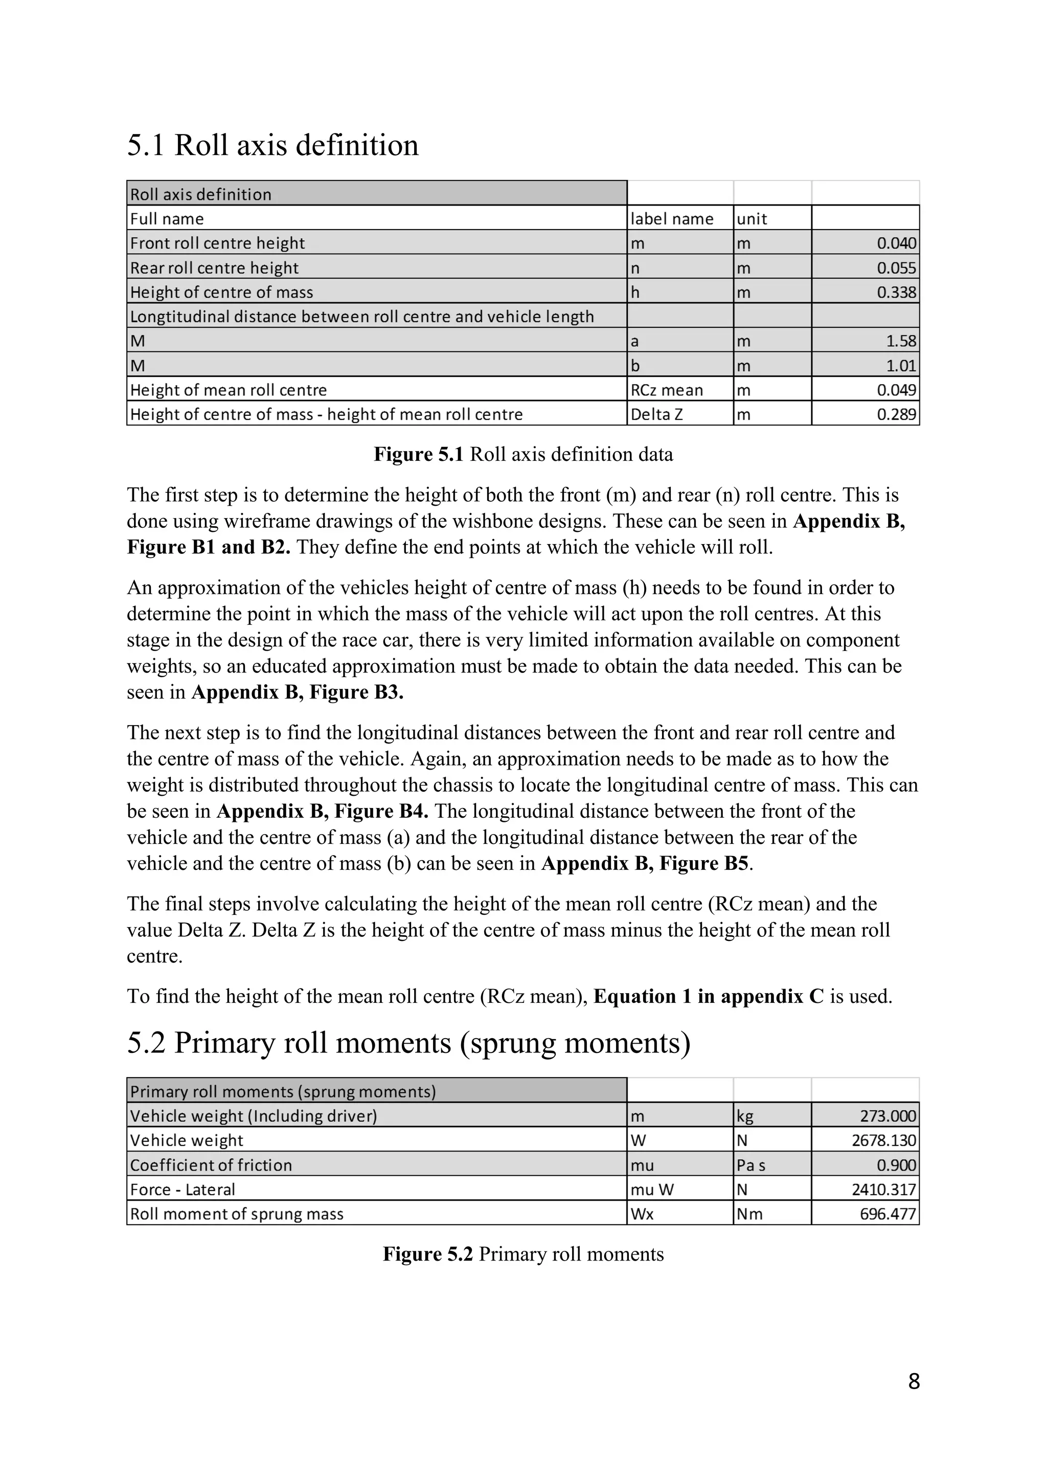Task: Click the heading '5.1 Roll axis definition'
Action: tap(272, 145)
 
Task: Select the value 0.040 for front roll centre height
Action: tap(896, 243)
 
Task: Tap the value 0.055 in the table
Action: tap(896, 267)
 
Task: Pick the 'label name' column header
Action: tap(672, 219)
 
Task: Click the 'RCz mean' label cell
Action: tap(667, 390)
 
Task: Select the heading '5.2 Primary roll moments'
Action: tap(408, 1044)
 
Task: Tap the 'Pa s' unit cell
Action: tap(750, 1165)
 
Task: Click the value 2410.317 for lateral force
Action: tap(883, 1190)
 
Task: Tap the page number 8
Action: tap(914, 1381)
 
